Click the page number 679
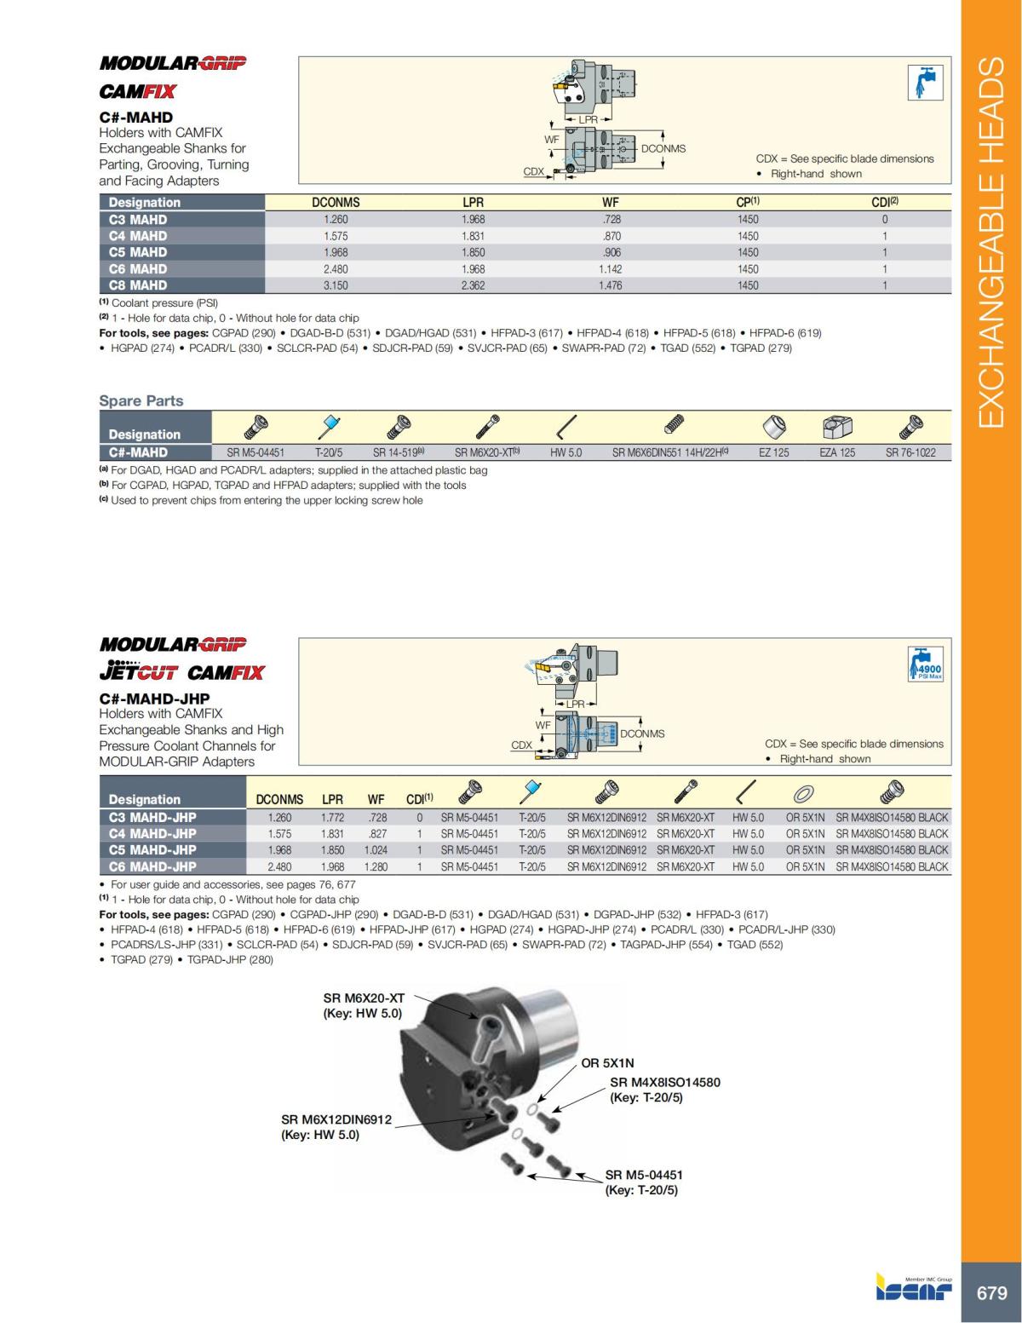[991, 1292]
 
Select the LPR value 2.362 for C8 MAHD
[473, 285]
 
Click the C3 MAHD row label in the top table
[138, 219]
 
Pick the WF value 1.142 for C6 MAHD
[610, 269]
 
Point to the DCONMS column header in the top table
[336, 203]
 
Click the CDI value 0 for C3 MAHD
[885, 219]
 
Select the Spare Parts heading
[141, 400]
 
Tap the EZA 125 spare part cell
[836, 452]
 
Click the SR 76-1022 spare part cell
[910, 452]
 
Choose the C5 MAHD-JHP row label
[152, 849]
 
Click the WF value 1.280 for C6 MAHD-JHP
[376, 866]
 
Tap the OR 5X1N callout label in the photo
[607, 1062]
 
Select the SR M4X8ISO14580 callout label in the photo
[664, 1082]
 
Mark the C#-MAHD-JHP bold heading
[154, 699]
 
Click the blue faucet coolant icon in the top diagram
[925, 82]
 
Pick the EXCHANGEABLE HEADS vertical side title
[991, 243]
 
